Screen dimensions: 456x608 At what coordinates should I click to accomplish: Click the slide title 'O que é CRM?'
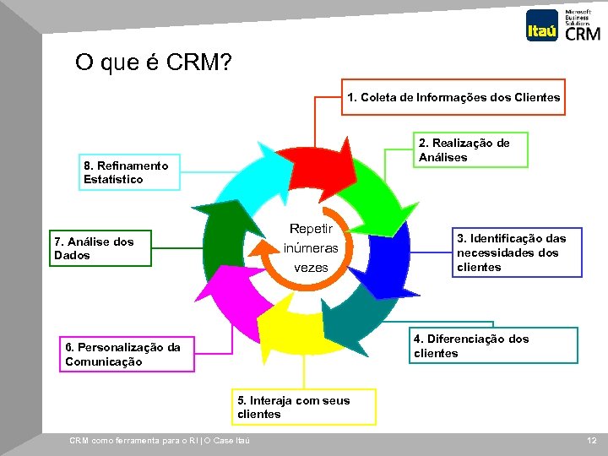click(154, 62)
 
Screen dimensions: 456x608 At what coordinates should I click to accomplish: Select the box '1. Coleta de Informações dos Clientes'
click(453, 97)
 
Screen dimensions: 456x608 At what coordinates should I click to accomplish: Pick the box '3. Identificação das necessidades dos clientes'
click(516, 252)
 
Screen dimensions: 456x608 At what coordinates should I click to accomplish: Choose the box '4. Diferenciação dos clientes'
click(494, 346)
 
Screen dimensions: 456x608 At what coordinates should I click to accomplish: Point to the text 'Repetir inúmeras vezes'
click(311, 248)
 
